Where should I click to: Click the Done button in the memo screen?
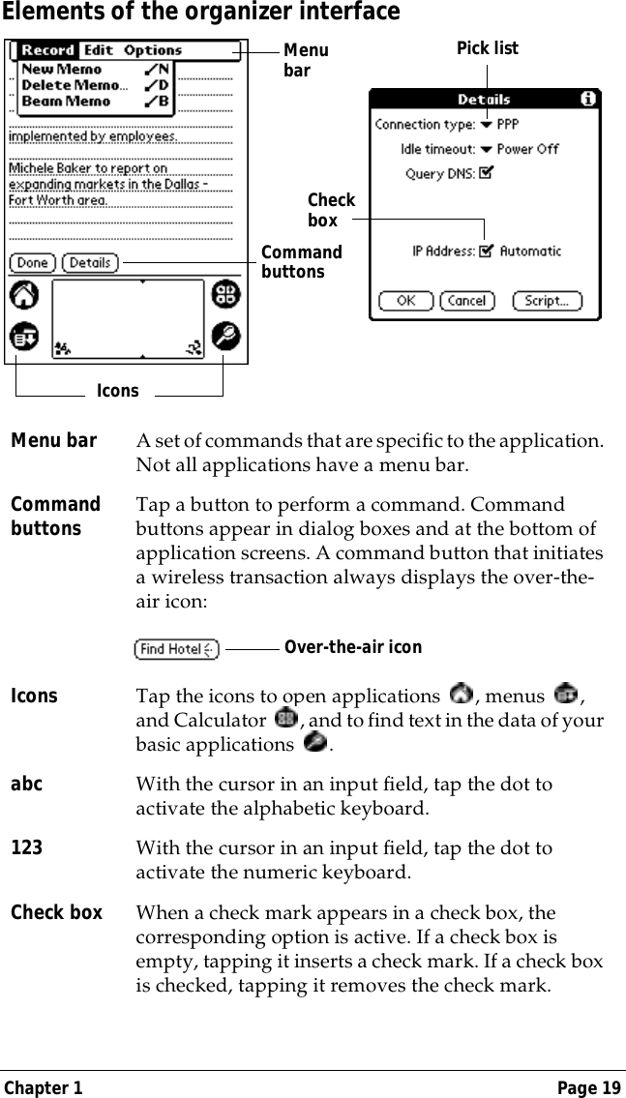point(33,262)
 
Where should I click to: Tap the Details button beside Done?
point(90,262)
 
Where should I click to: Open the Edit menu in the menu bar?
point(98,50)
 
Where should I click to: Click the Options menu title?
point(153,50)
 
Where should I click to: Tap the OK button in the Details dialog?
point(405,301)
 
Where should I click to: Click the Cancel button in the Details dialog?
point(466,301)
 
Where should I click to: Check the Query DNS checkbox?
point(486,173)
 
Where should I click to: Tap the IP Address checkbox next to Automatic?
point(486,252)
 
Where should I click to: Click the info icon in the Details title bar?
point(588,99)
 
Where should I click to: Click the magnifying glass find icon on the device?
point(226,336)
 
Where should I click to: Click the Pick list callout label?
point(487,47)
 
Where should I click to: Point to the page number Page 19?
point(589,1088)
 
